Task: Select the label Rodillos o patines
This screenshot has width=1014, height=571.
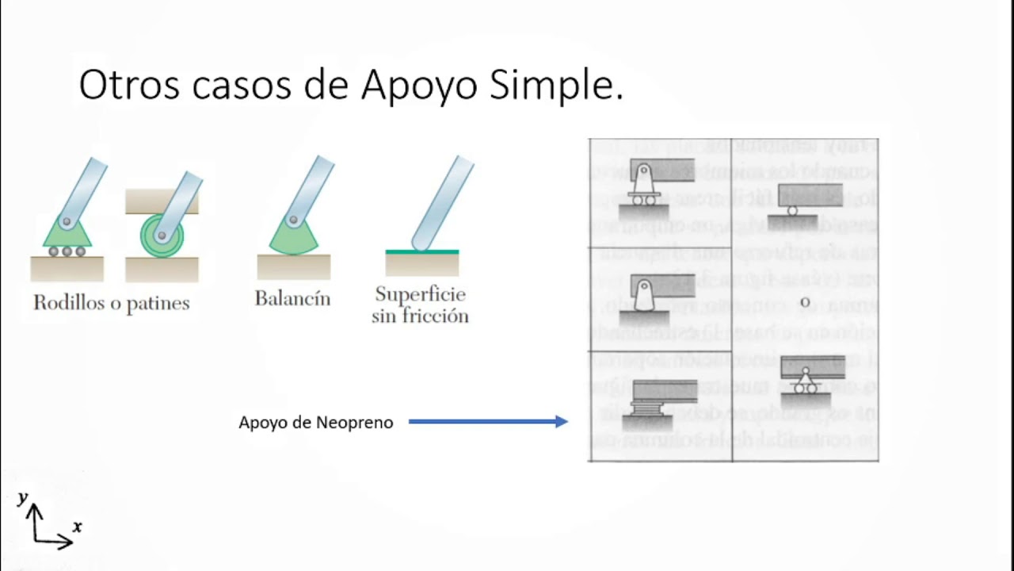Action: (112, 302)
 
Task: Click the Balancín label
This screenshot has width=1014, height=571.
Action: (292, 298)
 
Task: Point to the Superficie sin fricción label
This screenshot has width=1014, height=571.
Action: (421, 305)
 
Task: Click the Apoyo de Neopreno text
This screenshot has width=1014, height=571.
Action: (316, 423)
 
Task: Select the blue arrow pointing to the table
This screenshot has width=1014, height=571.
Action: (488, 422)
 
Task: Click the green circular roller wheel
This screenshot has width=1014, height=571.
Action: (161, 236)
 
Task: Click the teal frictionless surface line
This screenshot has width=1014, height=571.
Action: (422, 251)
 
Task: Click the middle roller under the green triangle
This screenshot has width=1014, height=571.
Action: (67, 252)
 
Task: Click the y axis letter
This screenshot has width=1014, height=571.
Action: (23, 497)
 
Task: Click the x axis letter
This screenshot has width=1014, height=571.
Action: (77, 527)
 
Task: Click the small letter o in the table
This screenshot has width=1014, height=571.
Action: (805, 302)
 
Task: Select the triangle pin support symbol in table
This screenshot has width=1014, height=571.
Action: (806, 382)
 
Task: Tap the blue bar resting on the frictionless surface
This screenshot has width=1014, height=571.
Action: (443, 203)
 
